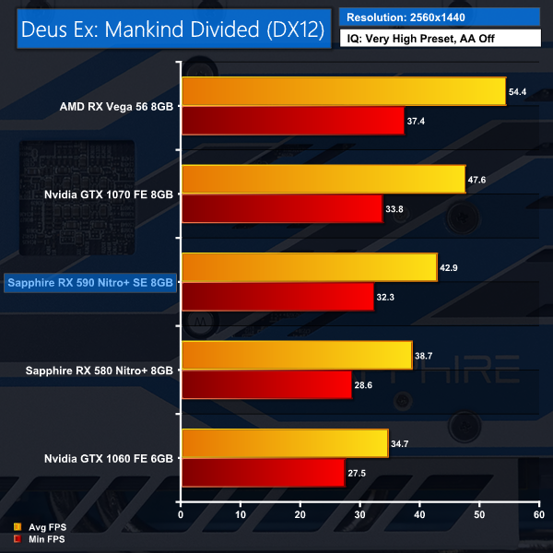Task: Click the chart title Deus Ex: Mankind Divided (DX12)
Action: pos(172,29)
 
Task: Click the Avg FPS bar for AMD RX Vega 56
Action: pos(344,92)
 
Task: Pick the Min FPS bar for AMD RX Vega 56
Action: pos(293,121)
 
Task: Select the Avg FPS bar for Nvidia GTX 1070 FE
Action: pos(324,180)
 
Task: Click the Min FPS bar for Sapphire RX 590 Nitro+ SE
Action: pos(277,296)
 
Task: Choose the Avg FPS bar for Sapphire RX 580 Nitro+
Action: pos(297,355)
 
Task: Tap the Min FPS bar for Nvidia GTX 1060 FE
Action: pos(264,472)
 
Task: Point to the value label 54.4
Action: pos(518,92)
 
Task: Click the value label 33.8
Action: pos(394,209)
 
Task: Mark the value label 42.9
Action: pos(449,267)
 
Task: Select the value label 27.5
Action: pos(357,472)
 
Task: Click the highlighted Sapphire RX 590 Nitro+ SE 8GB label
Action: pos(89,283)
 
